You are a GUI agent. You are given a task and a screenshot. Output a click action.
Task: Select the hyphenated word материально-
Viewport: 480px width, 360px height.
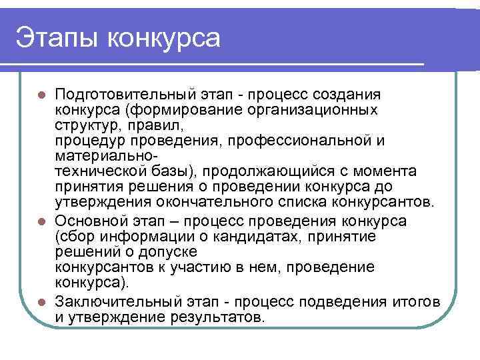pos(107,156)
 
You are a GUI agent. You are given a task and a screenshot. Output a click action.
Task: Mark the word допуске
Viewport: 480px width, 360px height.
pos(174,252)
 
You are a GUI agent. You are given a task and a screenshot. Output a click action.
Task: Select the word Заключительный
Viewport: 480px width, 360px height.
pos(115,302)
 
